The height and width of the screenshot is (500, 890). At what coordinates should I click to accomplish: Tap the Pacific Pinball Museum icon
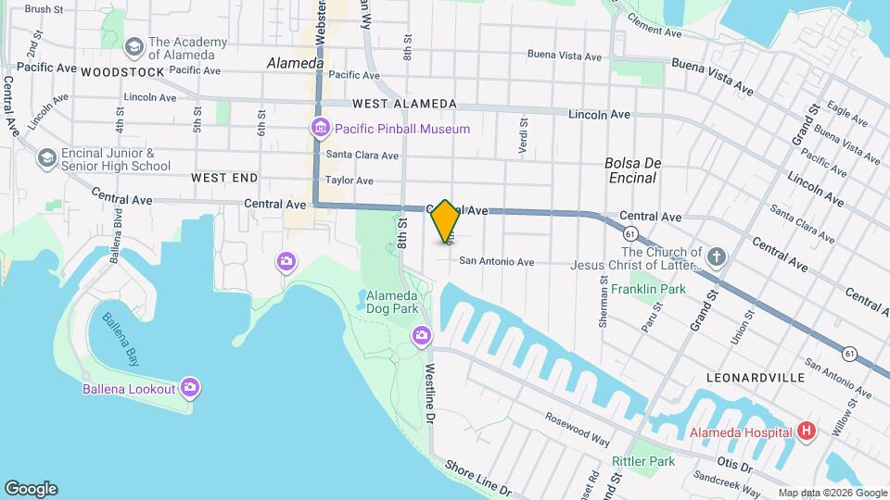click(320, 129)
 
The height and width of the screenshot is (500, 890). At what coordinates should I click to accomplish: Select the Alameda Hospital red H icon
click(807, 431)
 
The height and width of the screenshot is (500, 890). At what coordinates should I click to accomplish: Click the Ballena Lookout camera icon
click(190, 388)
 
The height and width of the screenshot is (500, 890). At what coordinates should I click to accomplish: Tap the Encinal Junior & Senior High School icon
click(46, 159)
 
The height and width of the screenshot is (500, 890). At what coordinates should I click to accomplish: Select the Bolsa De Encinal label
click(630, 169)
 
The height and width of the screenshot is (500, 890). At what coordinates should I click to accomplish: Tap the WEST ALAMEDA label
click(404, 104)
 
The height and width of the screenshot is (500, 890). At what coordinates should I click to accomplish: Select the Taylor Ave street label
click(350, 181)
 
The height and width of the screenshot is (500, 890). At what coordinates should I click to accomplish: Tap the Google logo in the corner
click(31, 489)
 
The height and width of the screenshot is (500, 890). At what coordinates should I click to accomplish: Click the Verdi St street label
click(524, 135)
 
